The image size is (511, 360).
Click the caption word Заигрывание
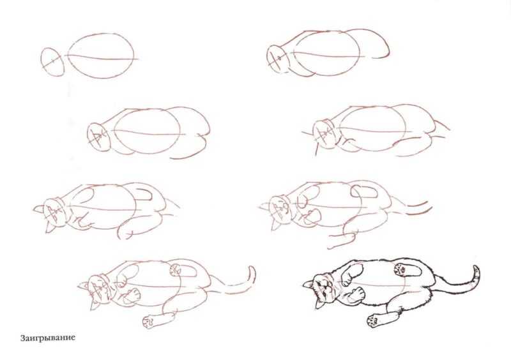pos(48,338)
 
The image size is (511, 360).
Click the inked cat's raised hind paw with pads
pos(400,268)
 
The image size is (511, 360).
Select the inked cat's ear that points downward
pos(319,303)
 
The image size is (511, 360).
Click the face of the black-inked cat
pos(326,289)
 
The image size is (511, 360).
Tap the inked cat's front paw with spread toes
pos(357,292)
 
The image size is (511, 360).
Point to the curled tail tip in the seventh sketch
pos(252,274)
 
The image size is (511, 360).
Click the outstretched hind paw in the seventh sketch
pos(149,322)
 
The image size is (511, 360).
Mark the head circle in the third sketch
pos(99,137)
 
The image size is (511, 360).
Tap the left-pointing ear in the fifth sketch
pos(38,209)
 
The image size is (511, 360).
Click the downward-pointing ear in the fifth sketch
pos(50,227)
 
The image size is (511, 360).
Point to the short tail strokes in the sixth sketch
pos(419,208)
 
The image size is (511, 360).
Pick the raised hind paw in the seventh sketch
pos(175,270)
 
